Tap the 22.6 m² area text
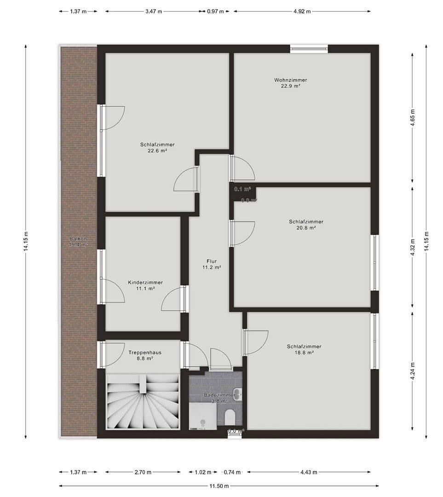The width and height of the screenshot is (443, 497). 157,150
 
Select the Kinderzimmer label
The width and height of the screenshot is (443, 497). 145,283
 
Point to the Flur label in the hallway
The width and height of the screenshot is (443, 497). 212,261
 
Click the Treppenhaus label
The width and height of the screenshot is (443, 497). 145,353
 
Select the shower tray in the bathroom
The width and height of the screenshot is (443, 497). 202,417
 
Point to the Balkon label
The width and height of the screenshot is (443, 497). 78,239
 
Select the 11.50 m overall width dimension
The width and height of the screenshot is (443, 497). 219,485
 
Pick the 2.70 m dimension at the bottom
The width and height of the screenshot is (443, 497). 143,472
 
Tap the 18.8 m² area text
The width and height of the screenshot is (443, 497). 304,353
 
